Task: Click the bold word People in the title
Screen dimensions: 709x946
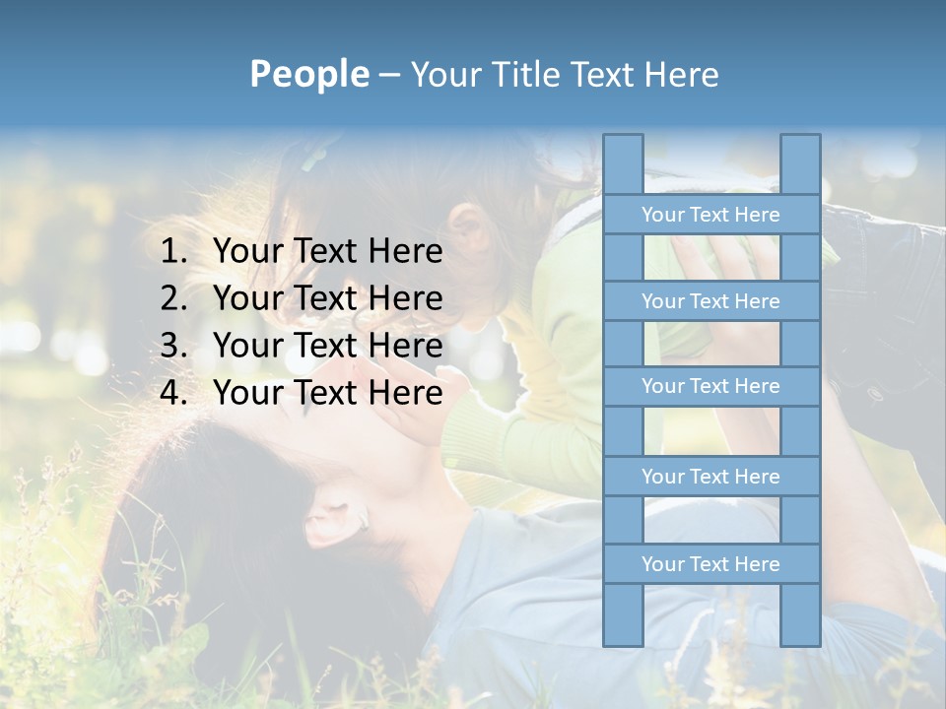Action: [309, 74]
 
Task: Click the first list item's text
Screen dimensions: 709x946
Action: [327, 252]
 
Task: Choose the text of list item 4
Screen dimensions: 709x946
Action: [327, 393]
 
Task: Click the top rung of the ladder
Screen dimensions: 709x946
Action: [710, 215]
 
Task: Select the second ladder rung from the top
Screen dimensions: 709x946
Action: [710, 301]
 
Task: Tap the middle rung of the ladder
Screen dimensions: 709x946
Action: [710, 386]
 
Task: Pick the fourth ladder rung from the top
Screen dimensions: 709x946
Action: [710, 477]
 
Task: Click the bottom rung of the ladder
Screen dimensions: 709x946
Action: [710, 564]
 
